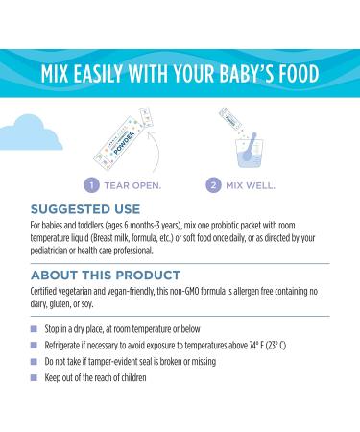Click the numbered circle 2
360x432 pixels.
coord(216,183)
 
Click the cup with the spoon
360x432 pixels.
coord(236,147)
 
